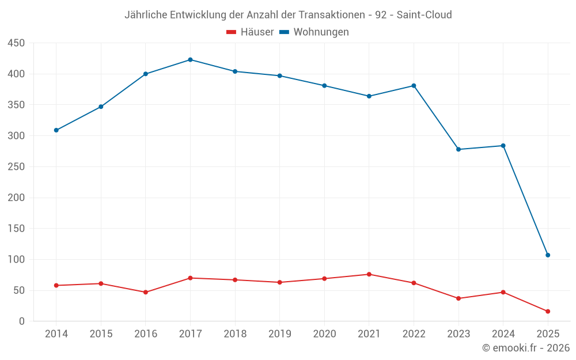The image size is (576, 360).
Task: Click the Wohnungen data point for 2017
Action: (x=190, y=60)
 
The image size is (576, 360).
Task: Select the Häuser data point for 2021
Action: (x=369, y=274)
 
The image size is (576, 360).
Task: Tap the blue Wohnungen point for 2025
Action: (x=548, y=255)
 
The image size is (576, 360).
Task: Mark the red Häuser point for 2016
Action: (x=146, y=292)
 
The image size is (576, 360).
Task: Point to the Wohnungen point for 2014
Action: (x=56, y=130)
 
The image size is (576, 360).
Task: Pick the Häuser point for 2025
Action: (x=548, y=312)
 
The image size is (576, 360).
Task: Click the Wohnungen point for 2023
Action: (x=458, y=149)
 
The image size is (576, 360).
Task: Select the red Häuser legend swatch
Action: (x=232, y=32)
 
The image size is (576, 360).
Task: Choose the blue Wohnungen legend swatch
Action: (x=284, y=32)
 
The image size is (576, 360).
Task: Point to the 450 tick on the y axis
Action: (x=16, y=43)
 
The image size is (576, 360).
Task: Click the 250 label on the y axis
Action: (x=16, y=167)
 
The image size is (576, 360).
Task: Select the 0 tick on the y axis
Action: (x=21, y=321)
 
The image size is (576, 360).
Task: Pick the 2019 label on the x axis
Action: (x=280, y=334)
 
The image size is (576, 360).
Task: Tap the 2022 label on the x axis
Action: (x=414, y=334)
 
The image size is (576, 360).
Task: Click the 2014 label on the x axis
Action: (x=56, y=334)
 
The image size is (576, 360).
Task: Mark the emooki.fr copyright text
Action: (x=525, y=348)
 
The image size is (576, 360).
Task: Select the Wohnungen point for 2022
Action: (x=414, y=86)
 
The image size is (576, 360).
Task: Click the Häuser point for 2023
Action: (x=458, y=298)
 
